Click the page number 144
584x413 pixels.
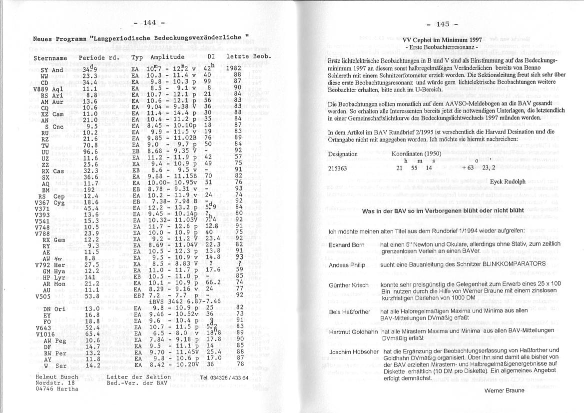150,22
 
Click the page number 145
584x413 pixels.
443,23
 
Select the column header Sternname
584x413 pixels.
50,57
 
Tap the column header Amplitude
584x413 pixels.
167,57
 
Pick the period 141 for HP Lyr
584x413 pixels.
90,276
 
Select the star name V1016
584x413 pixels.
45,333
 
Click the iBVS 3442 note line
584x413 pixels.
185,301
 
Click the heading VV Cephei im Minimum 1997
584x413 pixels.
442,40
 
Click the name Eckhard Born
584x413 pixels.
347,245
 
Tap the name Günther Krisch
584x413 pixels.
349,285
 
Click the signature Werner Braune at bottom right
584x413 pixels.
504,390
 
